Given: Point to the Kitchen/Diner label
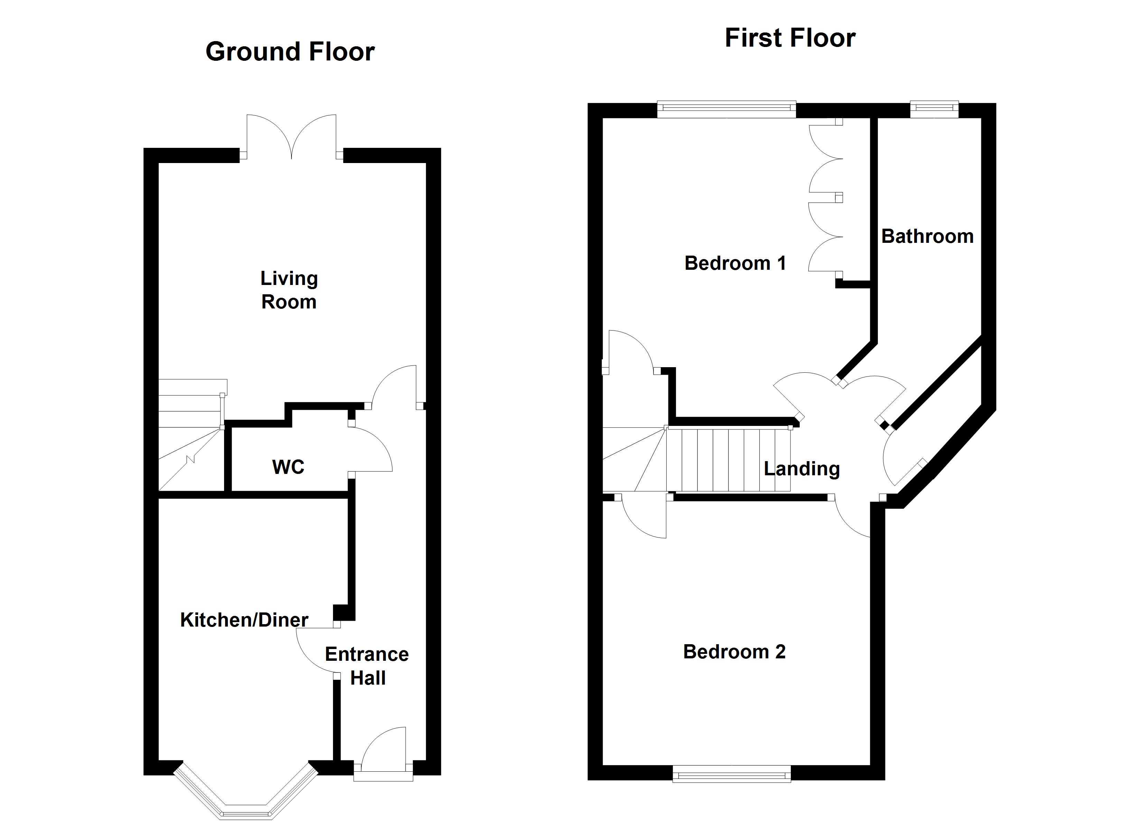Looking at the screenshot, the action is pyautogui.click(x=244, y=620).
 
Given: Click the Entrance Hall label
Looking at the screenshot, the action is pyautogui.click(x=367, y=666).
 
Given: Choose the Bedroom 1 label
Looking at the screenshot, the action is pyautogui.click(x=735, y=263).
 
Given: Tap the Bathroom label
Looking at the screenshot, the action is pyautogui.click(x=927, y=236).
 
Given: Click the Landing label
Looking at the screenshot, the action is pyautogui.click(x=801, y=468).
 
